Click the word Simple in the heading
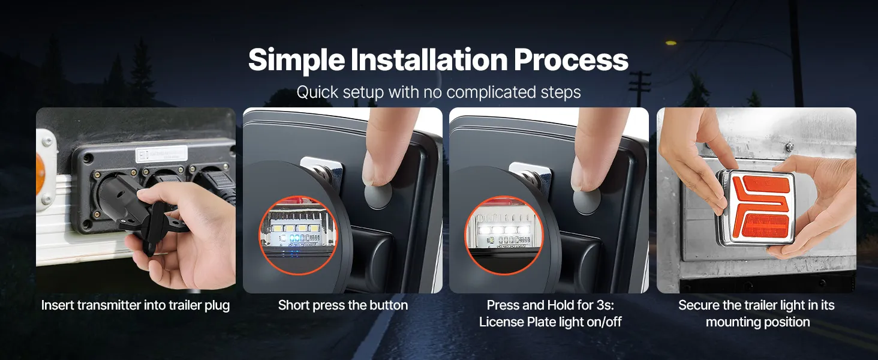point(296,60)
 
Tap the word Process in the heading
point(571,59)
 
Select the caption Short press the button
point(343,305)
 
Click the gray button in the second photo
point(378,196)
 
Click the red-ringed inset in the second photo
point(298,235)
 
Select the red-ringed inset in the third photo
point(504,235)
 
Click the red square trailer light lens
point(759,208)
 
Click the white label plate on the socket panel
point(161,154)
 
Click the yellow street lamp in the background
point(671,43)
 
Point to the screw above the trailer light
point(789,146)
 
